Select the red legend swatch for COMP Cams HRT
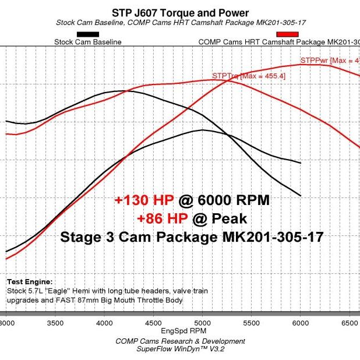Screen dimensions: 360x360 (x=290, y=34)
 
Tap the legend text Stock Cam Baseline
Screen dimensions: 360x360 (x=87, y=42)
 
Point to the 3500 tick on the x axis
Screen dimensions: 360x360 (x=55, y=322)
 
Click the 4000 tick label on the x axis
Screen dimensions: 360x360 (x=104, y=322)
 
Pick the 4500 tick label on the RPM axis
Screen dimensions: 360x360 (x=153, y=322)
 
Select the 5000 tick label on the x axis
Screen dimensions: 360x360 (x=202, y=322)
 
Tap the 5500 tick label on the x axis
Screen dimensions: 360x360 (x=251, y=322)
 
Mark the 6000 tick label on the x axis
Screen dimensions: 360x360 (x=300, y=322)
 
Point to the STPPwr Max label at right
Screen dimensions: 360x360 (x=330, y=60)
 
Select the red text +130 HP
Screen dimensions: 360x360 (x=140, y=201)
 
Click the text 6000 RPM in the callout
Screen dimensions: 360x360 (x=234, y=201)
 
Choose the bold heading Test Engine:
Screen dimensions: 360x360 (x=29, y=281)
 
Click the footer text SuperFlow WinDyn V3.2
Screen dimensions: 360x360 (x=180, y=349)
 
